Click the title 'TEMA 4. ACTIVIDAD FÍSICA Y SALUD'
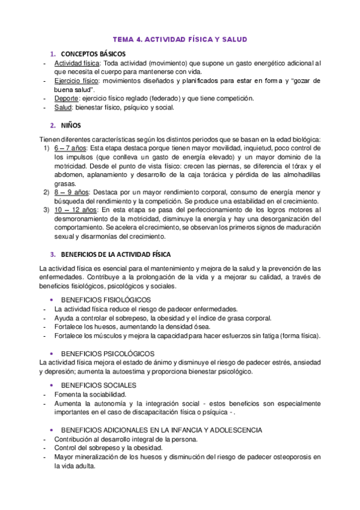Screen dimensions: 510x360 tap(180, 40)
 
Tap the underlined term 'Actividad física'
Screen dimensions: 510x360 tap(77, 63)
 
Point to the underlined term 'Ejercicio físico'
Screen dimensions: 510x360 tap(77, 81)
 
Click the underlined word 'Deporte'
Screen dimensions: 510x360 tap(67, 99)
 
